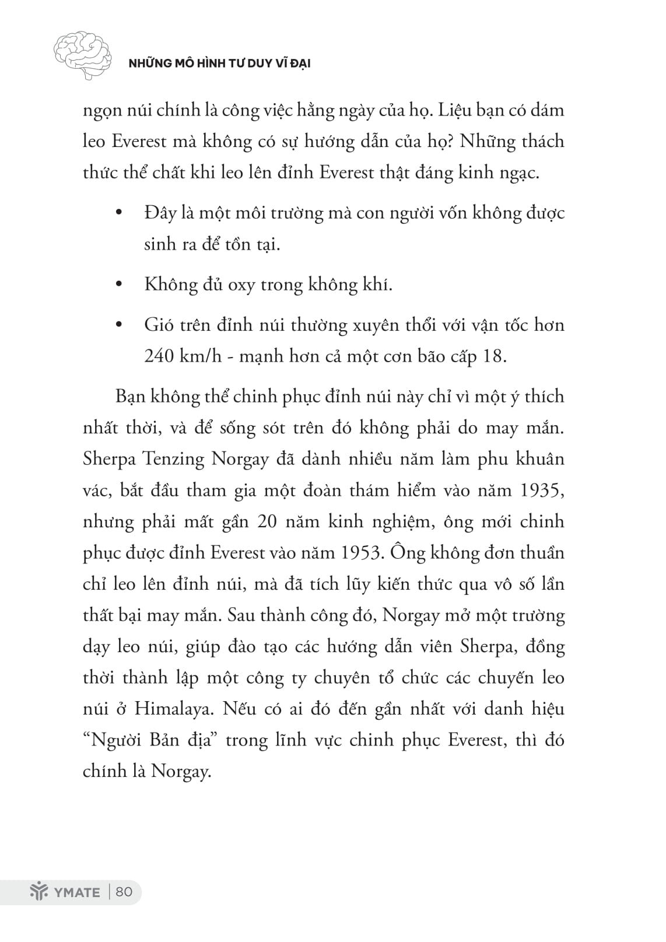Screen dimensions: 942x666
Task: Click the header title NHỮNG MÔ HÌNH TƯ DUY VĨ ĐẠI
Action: click(219, 63)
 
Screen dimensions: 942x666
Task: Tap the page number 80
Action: click(125, 892)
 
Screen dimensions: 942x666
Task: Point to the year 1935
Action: click(541, 490)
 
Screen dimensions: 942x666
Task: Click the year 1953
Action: click(359, 552)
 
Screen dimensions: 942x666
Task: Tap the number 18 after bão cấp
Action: click(494, 356)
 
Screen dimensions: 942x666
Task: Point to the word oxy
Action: click(241, 285)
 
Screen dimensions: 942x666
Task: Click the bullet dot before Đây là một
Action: click(120, 213)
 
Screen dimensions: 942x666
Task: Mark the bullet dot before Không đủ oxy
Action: click(120, 285)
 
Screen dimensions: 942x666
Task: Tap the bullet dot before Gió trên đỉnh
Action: click(120, 325)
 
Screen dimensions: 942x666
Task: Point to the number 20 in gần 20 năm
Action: click(267, 521)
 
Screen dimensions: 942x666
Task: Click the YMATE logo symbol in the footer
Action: click(38, 892)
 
